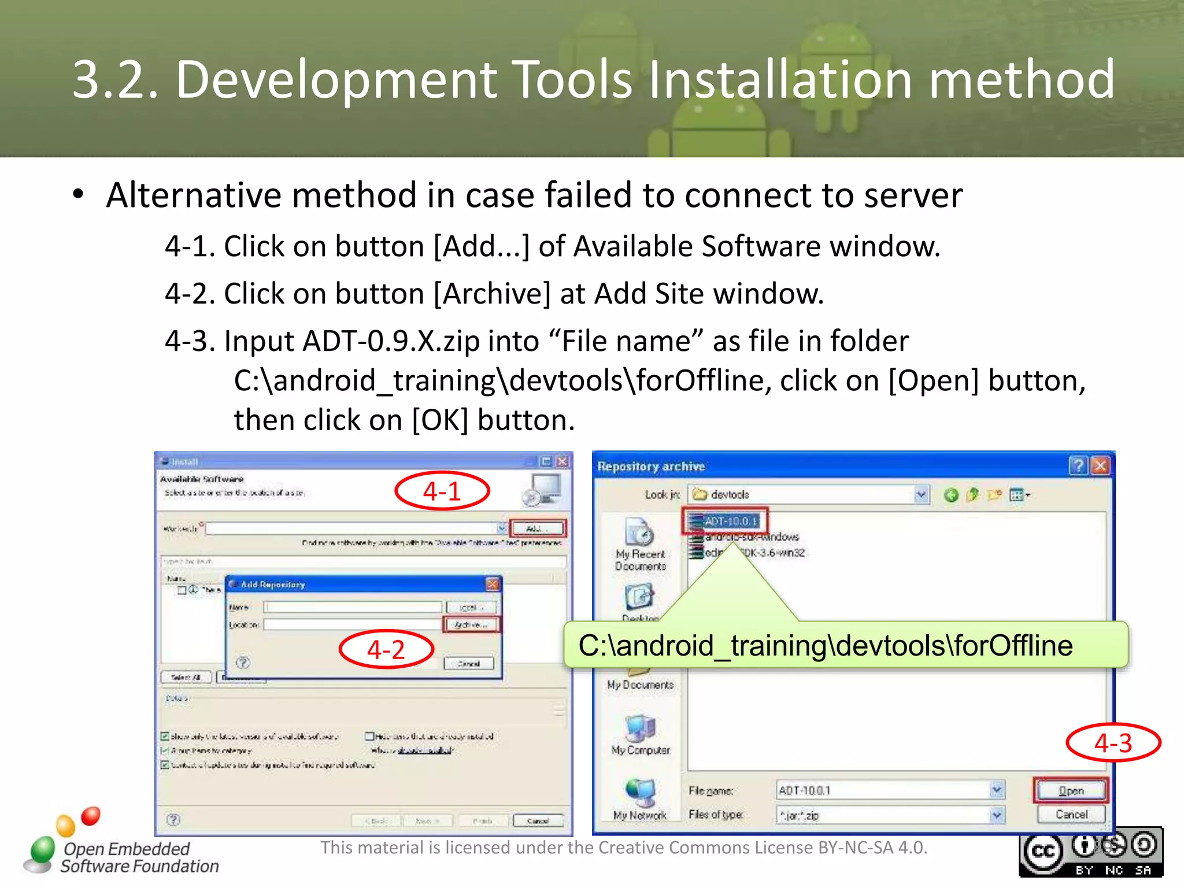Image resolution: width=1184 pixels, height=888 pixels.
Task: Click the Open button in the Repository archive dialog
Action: (1071, 790)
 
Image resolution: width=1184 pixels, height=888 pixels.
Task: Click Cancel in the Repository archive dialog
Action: (1071, 815)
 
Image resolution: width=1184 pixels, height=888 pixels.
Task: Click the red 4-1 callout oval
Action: (442, 491)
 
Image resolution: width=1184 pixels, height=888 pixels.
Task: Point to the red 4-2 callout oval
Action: (386, 649)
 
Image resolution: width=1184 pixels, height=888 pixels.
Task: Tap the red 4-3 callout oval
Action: (1113, 743)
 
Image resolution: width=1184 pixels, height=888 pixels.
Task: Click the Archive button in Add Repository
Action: (471, 624)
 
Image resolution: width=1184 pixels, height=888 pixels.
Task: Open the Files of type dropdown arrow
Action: (997, 815)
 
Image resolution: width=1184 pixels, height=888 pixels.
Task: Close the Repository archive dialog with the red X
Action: (1101, 466)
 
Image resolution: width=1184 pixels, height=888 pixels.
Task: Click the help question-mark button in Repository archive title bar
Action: (1078, 466)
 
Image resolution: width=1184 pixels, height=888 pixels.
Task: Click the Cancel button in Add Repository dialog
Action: (469, 664)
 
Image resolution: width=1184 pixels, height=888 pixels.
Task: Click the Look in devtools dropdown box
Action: (809, 495)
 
